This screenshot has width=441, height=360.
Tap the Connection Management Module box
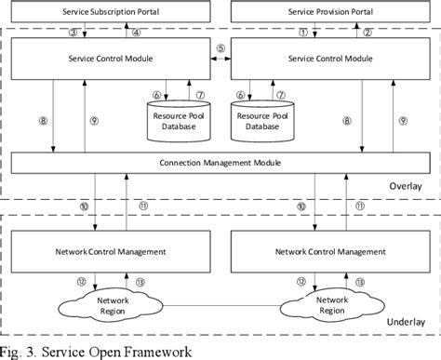pos(220,164)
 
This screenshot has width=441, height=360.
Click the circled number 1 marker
pos(302,31)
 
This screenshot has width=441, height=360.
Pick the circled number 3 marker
pos(73,31)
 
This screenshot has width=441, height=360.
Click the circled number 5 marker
pos(220,47)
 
